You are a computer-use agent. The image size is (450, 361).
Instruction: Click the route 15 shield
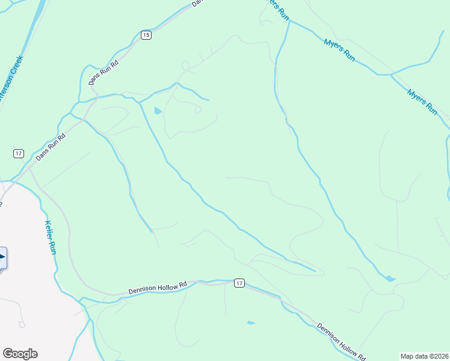coord(146,35)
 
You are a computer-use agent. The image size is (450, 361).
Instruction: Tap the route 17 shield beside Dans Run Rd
coord(19,153)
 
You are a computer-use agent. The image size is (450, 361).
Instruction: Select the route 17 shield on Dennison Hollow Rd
coord(239,283)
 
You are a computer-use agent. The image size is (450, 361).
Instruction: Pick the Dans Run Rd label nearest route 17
coord(50,146)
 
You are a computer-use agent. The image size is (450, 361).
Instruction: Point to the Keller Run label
coord(51,237)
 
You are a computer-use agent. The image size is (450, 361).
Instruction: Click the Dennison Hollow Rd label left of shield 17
coord(158,288)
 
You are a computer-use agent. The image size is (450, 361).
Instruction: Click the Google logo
coord(20,354)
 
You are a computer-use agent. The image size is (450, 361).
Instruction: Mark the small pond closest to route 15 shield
coord(158,111)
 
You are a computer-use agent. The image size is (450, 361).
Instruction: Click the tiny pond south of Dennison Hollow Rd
coord(250,322)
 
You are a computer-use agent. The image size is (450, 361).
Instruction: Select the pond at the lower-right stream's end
coord(390,279)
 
